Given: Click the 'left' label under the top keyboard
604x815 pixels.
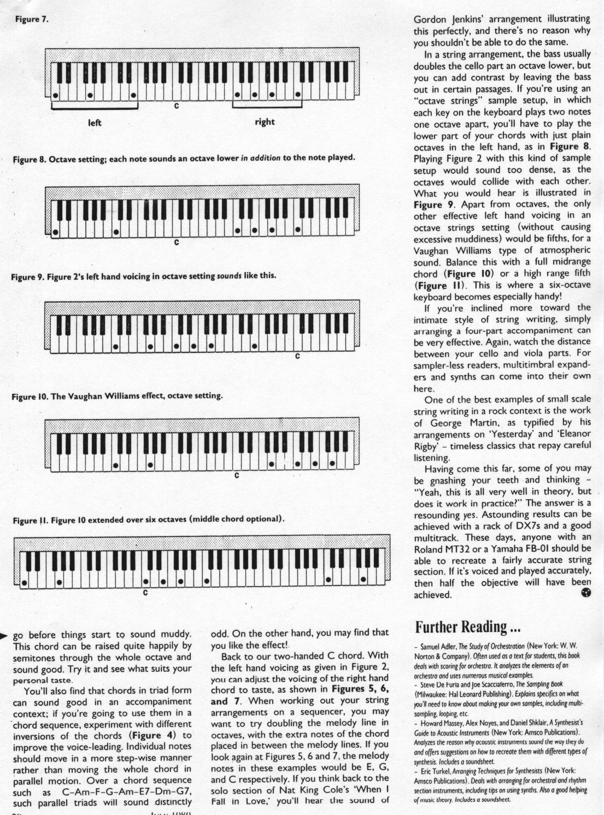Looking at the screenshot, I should [x=95, y=122].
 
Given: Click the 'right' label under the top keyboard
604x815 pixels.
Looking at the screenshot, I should [x=265, y=121].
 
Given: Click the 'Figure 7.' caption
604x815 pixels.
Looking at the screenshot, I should [x=32, y=19].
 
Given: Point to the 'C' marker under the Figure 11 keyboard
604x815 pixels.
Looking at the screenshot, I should [x=145, y=592].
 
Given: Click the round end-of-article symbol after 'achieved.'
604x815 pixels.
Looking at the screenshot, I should [x=587, y=594].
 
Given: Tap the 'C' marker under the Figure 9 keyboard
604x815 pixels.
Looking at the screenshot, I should [x=297, y=356].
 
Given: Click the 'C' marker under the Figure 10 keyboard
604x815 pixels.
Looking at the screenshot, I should [x=237, y=475].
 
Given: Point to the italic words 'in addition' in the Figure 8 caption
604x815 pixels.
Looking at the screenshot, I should [x=261, y=158].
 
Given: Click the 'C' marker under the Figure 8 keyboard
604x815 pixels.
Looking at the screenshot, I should [x=176, y=241].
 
